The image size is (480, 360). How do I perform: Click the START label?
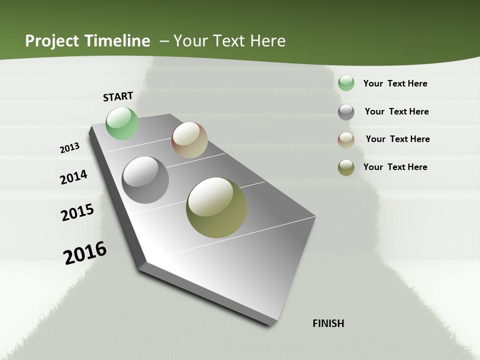[x=118, y=96]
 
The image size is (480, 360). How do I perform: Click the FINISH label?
[x=328, y=323]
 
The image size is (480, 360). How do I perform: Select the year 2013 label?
[x=70, y=148]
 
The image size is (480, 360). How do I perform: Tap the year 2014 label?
[x=74, y=177]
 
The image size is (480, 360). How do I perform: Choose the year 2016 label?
[x=85, y=253]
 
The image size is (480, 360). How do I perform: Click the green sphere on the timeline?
[x=122, y=123]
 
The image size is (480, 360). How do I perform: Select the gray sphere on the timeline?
[x=145, y=180]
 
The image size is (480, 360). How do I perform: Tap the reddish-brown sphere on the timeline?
[x=189, y=140]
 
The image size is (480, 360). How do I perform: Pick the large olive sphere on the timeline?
[x=216, y=207]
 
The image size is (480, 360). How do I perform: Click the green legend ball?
[x=346, y=83]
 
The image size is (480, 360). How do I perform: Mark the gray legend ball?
[x=346, y=112]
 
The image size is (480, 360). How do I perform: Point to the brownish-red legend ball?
[x=346, y=140]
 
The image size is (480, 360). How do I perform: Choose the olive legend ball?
[x=346, y=167]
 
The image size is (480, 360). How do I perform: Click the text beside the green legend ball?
[x=395, y=83]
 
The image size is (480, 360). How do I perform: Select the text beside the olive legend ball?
[x=395, y=167]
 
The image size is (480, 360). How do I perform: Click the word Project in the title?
[x=52, y=41]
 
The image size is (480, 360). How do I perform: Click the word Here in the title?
[x=267, y=41]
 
